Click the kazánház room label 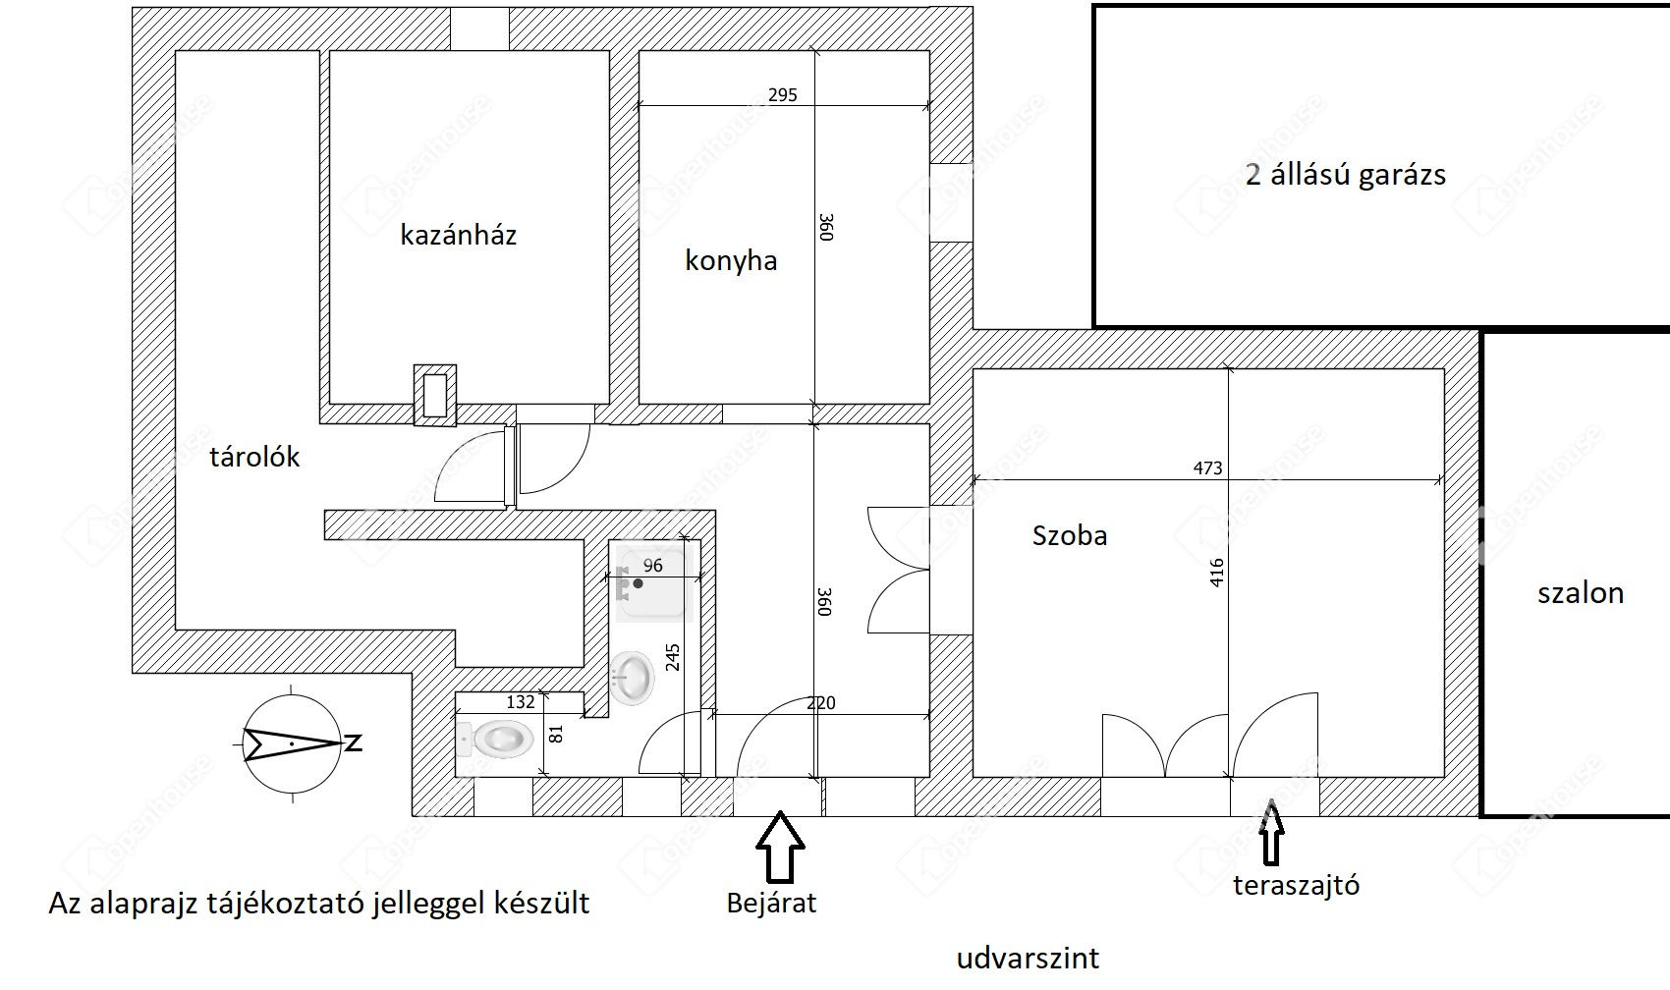[459, 235]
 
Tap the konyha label [732, 261]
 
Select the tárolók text [254, 457]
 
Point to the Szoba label [1070, 535]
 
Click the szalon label [1581, 593]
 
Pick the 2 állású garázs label [1346, 175]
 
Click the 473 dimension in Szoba [1207, 468]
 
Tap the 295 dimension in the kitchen [783, 94]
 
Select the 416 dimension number [1217, 573]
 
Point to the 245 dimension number [673, 657]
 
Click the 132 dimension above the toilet [521, 701]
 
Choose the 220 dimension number [821, 702]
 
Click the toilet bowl [495, 739]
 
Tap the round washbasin [632, 678]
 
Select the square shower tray [654, 583]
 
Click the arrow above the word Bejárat [780, 847]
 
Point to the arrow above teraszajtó [1271, 832]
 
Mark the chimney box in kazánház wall [435, 396]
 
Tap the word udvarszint [1029, 958]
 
